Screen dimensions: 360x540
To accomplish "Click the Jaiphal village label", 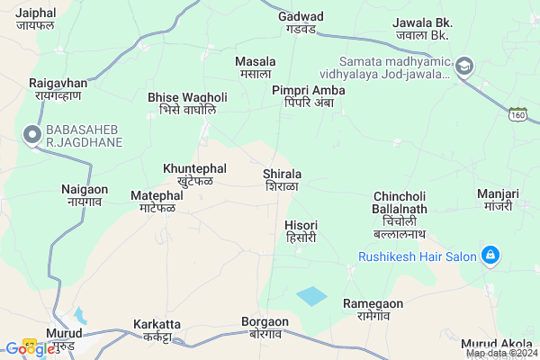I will coord(36,20).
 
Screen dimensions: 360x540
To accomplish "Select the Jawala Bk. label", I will coord(420,28).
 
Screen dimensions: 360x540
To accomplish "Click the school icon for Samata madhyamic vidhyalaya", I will coord(464,65).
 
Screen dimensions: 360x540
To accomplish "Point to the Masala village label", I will coord(255,67).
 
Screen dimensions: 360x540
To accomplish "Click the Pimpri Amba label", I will coord(309,97).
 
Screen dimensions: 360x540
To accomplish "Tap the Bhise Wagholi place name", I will coord(187,103).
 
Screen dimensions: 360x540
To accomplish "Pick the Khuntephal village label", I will coord(195,174).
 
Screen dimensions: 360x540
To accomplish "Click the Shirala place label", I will coord(283,179).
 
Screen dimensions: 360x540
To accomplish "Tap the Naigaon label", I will coord(85,195).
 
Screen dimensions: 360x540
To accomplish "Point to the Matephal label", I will coord(157,202).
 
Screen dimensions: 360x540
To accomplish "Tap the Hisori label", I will coord(301,230).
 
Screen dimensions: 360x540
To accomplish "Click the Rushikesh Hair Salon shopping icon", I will coord(490,256).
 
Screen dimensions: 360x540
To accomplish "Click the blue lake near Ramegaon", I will coord(312,296).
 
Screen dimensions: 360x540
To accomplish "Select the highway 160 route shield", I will coord(517,114).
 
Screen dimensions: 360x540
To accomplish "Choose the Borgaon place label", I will coord(265,327).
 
